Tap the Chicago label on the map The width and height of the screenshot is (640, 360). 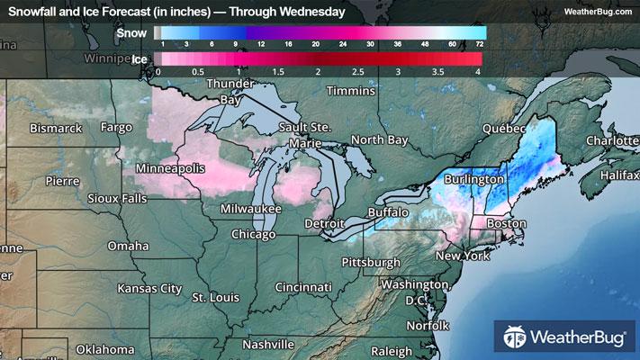[x=253, y=234]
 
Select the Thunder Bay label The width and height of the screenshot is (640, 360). [x=230, y=92]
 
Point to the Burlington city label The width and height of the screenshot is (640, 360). [x=473, y=180]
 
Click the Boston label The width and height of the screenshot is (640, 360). [x=505, y=223]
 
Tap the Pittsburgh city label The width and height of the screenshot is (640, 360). [x=370, y=262]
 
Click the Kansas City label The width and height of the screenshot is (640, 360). [x=149, y=289]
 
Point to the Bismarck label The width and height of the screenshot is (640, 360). [x=56, y=129]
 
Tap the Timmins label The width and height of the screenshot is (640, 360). [x=350, y=92]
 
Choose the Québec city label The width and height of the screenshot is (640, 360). [x=502, y=129]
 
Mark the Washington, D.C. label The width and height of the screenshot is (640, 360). [x=413, y=291]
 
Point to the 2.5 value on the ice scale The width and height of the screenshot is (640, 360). [x=358, y=70]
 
